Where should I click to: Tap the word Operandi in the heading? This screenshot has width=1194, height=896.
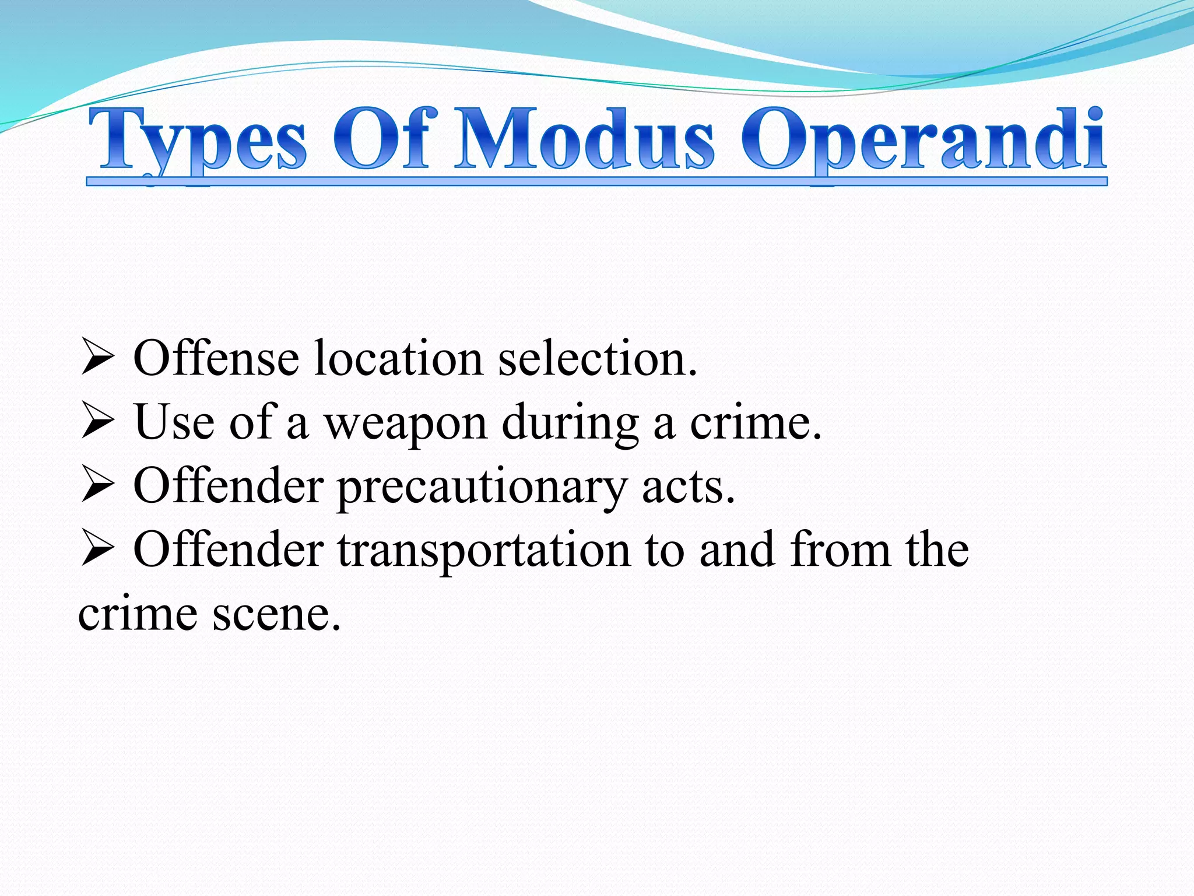(923, 140)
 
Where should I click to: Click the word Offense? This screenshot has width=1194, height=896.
(216, 358)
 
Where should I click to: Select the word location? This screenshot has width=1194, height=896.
(398, 358)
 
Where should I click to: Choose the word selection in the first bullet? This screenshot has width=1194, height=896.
(597, 358)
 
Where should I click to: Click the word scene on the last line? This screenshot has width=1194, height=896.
(276, 614)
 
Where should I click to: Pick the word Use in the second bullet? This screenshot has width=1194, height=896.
(174, 422)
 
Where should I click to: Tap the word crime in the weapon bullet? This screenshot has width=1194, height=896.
(756, 422)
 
